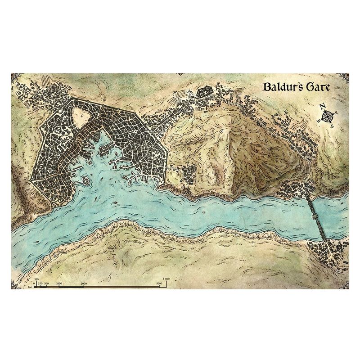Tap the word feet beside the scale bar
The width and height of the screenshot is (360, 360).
click(30, 286)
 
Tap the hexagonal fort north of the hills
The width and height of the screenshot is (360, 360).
click(205, 91)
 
